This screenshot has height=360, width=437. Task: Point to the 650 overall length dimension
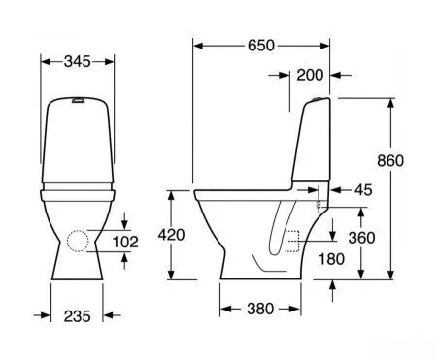pos(260,46)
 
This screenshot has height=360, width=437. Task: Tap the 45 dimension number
pos(364,190)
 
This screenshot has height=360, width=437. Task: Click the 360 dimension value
pos(362,238)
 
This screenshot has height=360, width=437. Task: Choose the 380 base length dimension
pos(260,309)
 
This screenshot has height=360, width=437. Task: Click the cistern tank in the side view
pos(309,146)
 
